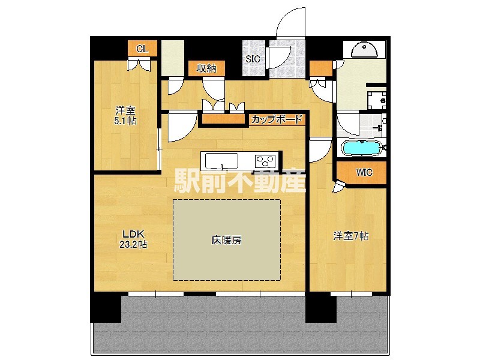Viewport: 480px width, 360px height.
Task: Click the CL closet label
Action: [142, 49]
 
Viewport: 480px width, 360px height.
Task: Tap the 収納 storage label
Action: [206, 68]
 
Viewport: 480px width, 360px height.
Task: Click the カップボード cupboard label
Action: [277, 119]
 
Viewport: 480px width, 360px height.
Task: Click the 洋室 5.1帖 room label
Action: [125, 115]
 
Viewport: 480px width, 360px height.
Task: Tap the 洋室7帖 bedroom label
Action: [351, 236]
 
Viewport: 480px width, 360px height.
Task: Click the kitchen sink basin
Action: [221, 161]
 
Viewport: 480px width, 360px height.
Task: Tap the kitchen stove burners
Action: [265, 161]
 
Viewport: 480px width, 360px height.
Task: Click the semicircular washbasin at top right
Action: [364, 50]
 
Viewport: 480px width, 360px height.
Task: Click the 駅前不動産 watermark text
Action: [240, 181]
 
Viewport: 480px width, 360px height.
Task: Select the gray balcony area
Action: [240, 327]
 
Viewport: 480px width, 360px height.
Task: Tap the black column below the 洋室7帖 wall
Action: [320, 307]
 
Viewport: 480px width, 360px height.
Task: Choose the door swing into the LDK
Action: [181, 127]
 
